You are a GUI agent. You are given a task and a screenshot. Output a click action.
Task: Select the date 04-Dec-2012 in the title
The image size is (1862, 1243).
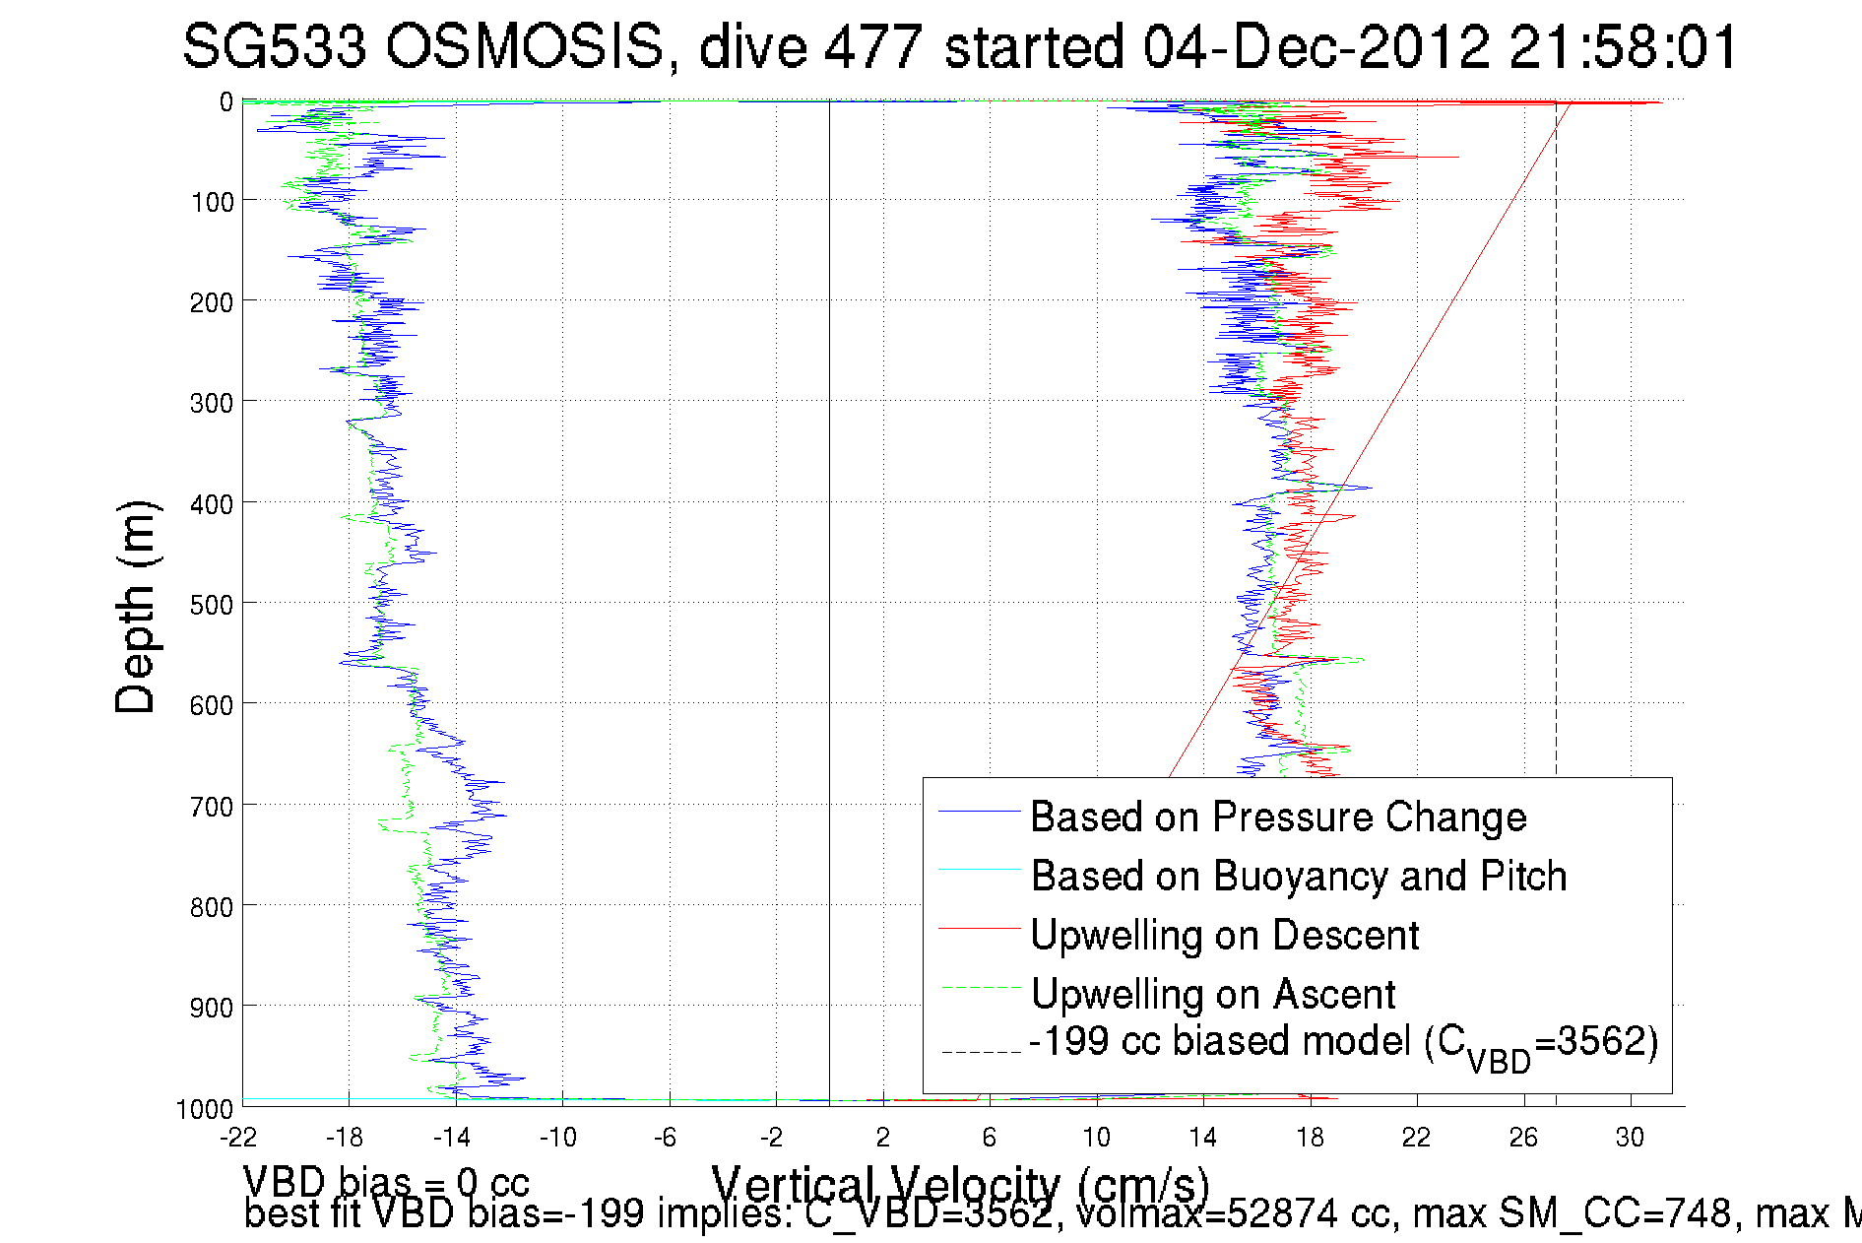(1315, 47)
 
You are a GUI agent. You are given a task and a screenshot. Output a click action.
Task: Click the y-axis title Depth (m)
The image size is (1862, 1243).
(136, 607)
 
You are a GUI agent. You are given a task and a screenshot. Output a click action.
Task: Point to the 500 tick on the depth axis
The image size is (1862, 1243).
(211, 604)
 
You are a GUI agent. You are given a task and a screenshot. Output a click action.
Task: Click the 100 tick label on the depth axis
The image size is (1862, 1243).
(211, 202)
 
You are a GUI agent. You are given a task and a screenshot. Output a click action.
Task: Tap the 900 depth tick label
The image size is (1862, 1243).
(211, 1007)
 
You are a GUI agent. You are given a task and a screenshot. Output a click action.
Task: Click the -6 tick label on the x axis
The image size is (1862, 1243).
(667, 1138)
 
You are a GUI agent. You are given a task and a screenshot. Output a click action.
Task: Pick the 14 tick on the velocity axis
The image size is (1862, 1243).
(1202, 1138)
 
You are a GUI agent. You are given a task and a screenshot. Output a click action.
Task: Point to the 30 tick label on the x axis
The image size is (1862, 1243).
(1630, 1138)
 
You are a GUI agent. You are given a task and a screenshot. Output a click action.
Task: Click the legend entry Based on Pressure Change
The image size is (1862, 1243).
(1277, 817)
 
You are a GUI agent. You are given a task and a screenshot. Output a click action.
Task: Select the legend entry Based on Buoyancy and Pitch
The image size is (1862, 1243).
(1298, 876)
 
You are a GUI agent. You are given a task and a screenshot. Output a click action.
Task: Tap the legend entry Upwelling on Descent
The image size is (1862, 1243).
(1224, 935)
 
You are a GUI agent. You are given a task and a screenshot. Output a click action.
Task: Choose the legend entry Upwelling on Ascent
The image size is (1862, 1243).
(1212, 994)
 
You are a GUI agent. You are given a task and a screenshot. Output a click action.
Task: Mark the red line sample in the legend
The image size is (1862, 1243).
(979, 928)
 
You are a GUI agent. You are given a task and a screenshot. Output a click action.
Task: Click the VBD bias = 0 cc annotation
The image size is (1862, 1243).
(386, 1181)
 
